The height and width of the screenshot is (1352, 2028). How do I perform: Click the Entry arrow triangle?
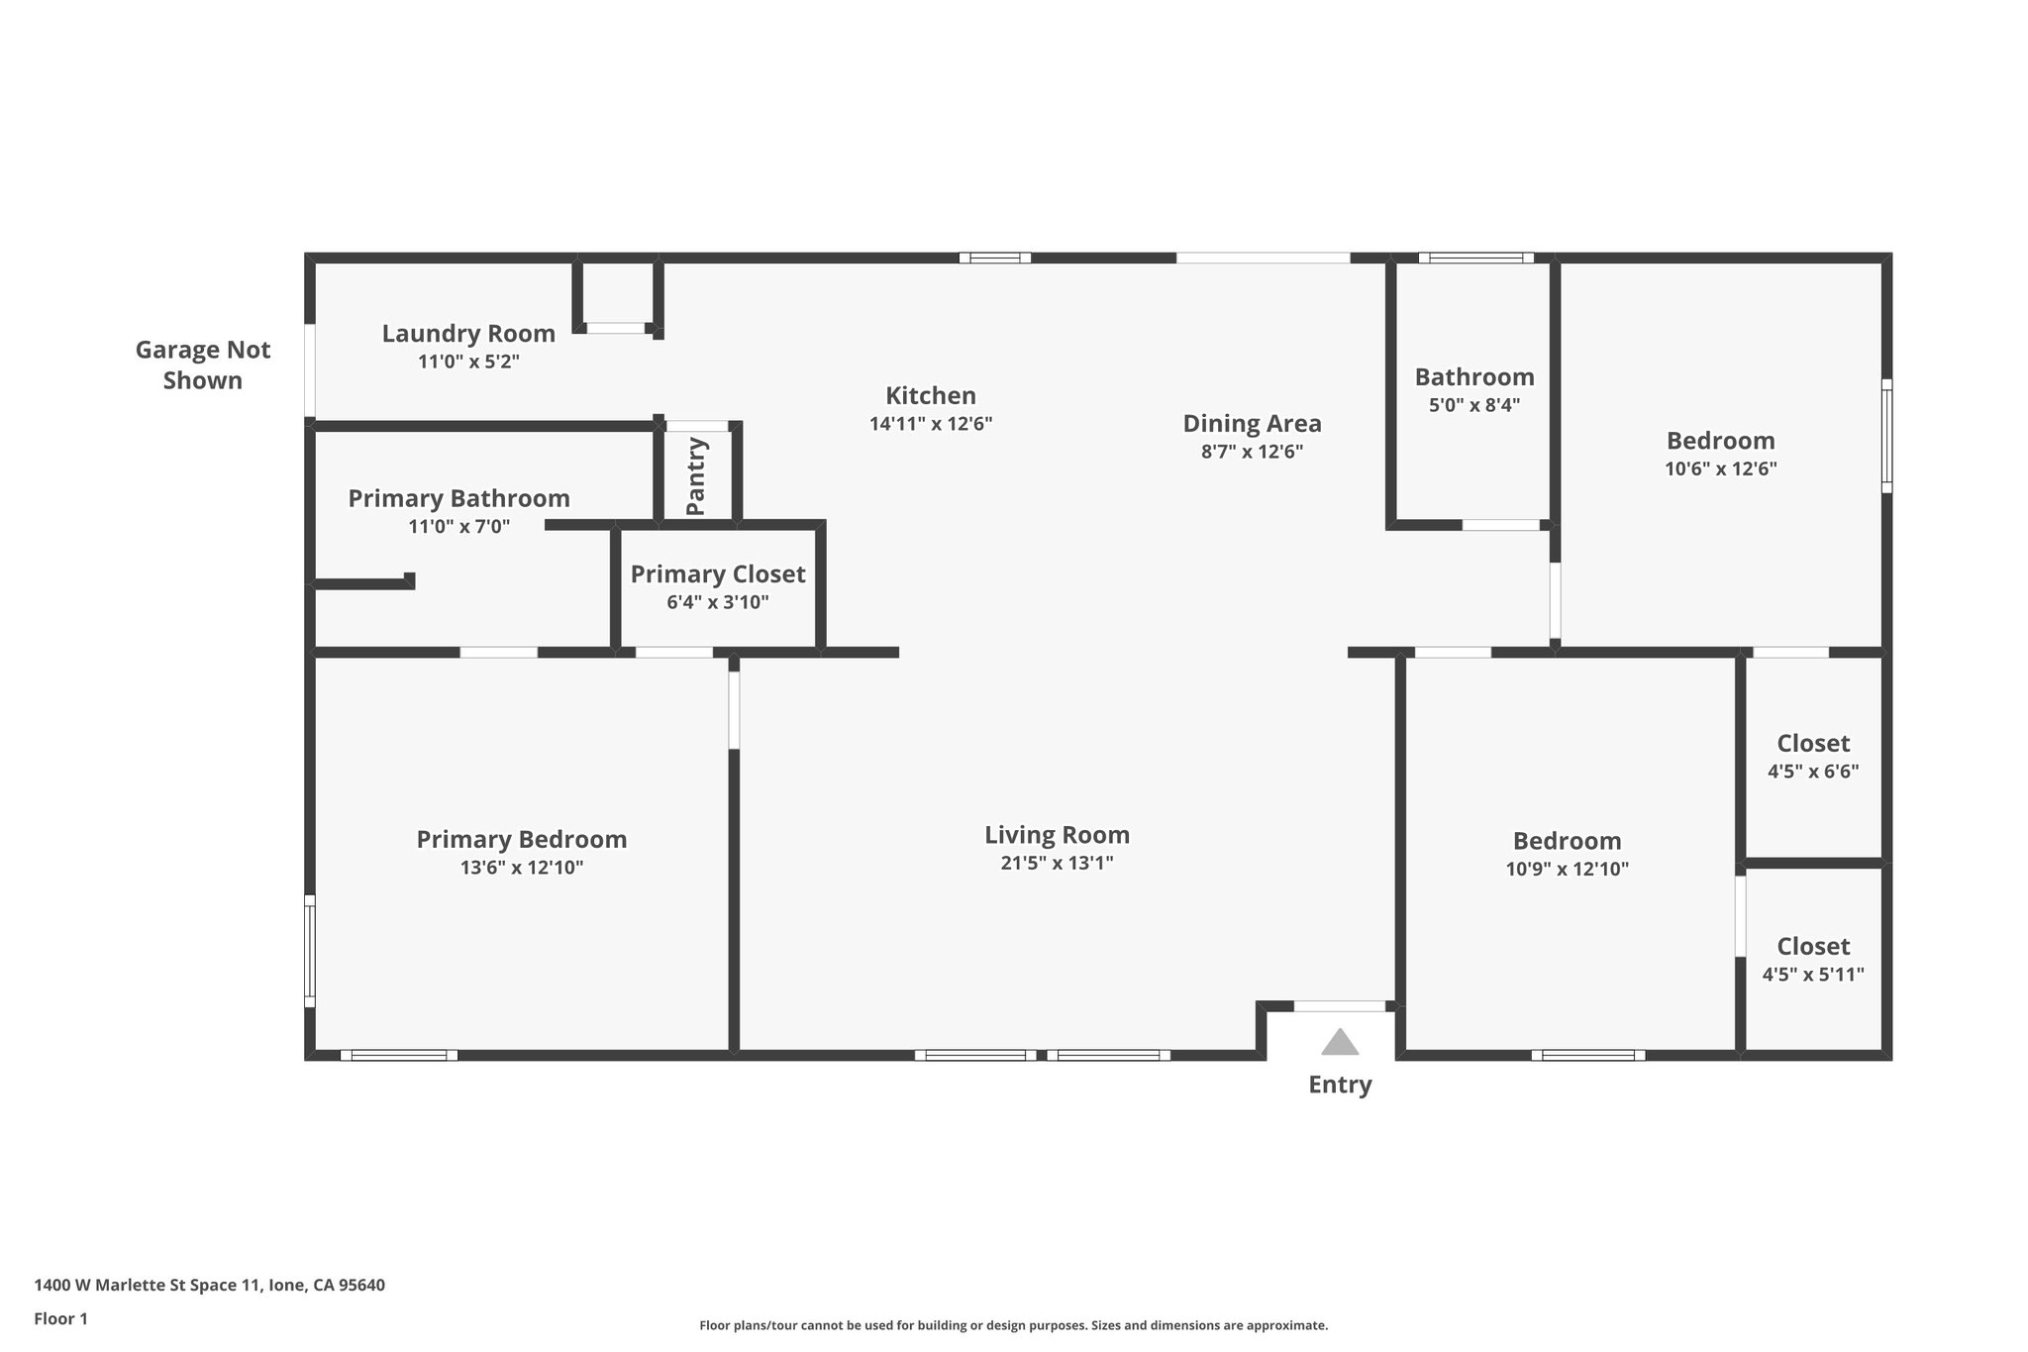point(1340,1043)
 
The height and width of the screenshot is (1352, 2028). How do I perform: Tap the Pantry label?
point(696,476)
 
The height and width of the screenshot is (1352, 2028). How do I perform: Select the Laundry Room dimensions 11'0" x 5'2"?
point(468,362)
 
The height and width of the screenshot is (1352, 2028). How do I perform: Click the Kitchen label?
point(930,395)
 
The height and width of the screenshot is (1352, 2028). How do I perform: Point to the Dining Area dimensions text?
point(1252,452)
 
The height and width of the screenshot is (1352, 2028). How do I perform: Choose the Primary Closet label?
point(718,574)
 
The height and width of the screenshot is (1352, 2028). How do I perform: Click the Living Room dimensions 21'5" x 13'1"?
point(1057,863)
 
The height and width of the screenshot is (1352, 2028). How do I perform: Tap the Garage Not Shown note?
point(203,364)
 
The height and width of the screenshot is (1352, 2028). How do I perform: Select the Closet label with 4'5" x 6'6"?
point(1813,743)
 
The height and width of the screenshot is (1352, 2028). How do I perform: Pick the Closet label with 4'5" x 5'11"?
point(1813,946)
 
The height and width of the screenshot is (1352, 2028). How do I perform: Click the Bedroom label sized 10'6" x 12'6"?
point(1720,441)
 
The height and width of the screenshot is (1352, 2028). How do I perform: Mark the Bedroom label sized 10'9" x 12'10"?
point(1567,841)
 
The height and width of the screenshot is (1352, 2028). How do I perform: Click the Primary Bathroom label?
point(458,498)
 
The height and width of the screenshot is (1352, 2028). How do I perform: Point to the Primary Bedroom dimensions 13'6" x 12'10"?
point(521,868)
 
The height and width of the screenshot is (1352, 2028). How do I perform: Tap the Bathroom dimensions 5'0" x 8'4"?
point(1474,405)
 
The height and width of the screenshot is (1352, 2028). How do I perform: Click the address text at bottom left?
point(209,1285)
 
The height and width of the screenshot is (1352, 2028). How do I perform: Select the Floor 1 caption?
point(60,1318)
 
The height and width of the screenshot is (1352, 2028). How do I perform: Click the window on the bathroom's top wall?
point(1475,258)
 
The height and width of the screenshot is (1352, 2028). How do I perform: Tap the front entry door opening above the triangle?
point(1340,1006)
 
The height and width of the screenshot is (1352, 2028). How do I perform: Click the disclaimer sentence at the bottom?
point(1013,1325)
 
